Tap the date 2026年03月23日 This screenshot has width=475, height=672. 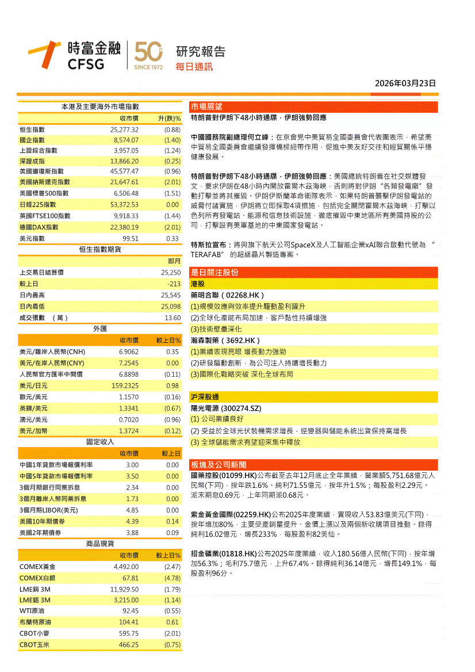[x=405, y=83]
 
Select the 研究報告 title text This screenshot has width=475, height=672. [x=201, y=51]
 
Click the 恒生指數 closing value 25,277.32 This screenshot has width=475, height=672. [x=124, y=129]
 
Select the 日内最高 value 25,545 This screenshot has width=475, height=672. [x=171, y=295]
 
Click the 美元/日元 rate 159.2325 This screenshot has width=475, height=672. [x=125, y=385]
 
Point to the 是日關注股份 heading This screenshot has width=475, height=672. [x=214, y=272]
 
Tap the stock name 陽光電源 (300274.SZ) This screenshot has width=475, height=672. [x=225, y=408]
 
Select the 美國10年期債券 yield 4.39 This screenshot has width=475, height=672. [x=132, y=521]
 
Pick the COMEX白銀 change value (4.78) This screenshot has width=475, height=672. [x=172, y=578]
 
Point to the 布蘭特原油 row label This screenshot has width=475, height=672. [x=36, y=622]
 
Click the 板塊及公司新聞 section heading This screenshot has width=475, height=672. [x=218, y=464]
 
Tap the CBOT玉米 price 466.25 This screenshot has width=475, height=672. [x=128, y=644]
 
